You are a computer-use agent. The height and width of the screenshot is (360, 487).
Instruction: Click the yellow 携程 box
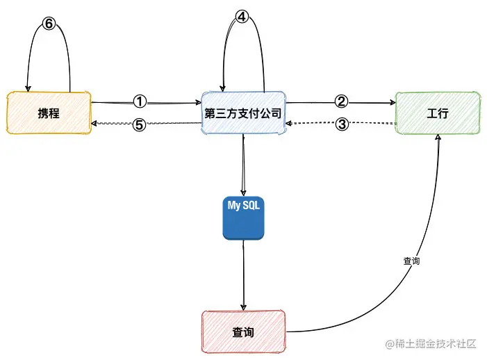49,112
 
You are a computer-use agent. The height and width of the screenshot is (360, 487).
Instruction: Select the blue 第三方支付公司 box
243,113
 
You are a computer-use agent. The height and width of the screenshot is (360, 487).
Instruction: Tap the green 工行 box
438,113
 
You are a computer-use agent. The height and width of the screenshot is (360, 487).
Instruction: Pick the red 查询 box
243,332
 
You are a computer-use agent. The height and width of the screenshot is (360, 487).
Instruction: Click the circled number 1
140,101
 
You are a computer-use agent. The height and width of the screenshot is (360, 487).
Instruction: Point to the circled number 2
341,101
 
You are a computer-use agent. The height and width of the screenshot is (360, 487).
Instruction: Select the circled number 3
341,124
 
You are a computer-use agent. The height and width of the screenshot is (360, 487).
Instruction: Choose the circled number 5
140,125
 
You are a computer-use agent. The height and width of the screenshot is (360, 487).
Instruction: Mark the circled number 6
48,24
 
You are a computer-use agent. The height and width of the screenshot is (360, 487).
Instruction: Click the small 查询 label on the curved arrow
412,261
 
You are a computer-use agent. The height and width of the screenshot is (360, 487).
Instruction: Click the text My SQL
243,205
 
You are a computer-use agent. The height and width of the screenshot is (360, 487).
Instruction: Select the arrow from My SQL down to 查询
243,275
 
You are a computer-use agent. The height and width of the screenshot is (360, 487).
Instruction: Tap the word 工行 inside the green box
438,113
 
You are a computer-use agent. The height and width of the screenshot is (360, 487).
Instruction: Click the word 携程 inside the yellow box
49,112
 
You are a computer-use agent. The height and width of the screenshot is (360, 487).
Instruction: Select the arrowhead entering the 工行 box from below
438,138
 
